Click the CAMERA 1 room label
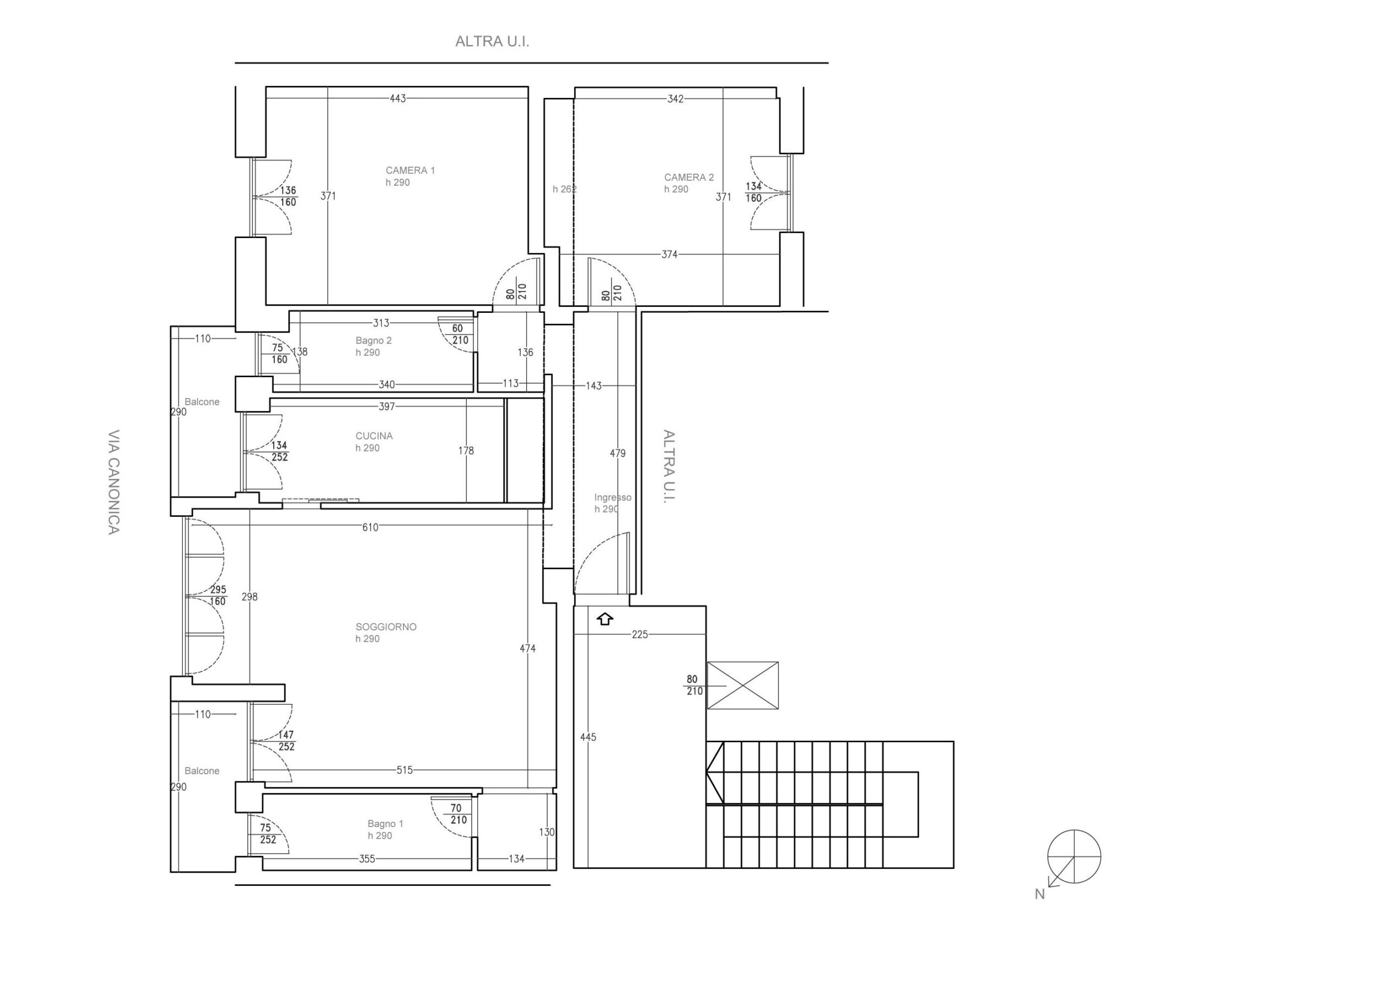[410, 170]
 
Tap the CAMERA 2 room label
[689, 177]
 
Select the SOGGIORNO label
[386, 627]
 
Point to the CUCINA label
[374, 435]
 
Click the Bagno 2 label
[374, 340]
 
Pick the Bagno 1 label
[385, 823]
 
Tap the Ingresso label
[612, 497]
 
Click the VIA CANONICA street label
[114, 483]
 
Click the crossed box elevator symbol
[742, 685]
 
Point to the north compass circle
[1074, 857]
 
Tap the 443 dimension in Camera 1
[398, 98]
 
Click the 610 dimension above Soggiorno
[370, 527]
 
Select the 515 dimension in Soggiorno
[405, 770]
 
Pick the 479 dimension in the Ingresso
[617, 453]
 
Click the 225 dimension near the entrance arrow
[640, 634]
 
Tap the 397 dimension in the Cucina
[387, 406]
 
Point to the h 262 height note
[564, 189]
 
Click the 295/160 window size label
[218, 595]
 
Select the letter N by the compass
[1040, 894]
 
